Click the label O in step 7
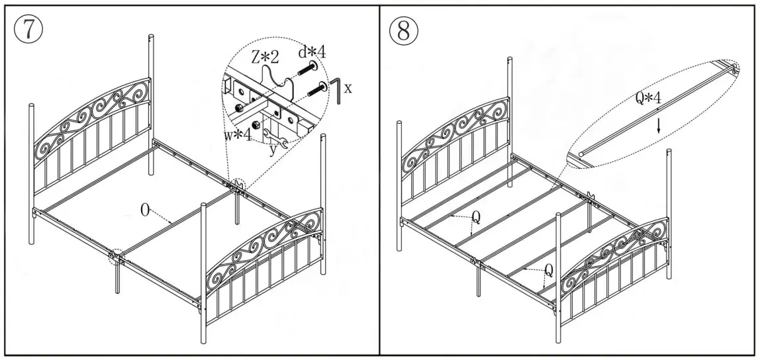click(x=145, y=211)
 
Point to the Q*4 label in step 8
click(x=648, y=99)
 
